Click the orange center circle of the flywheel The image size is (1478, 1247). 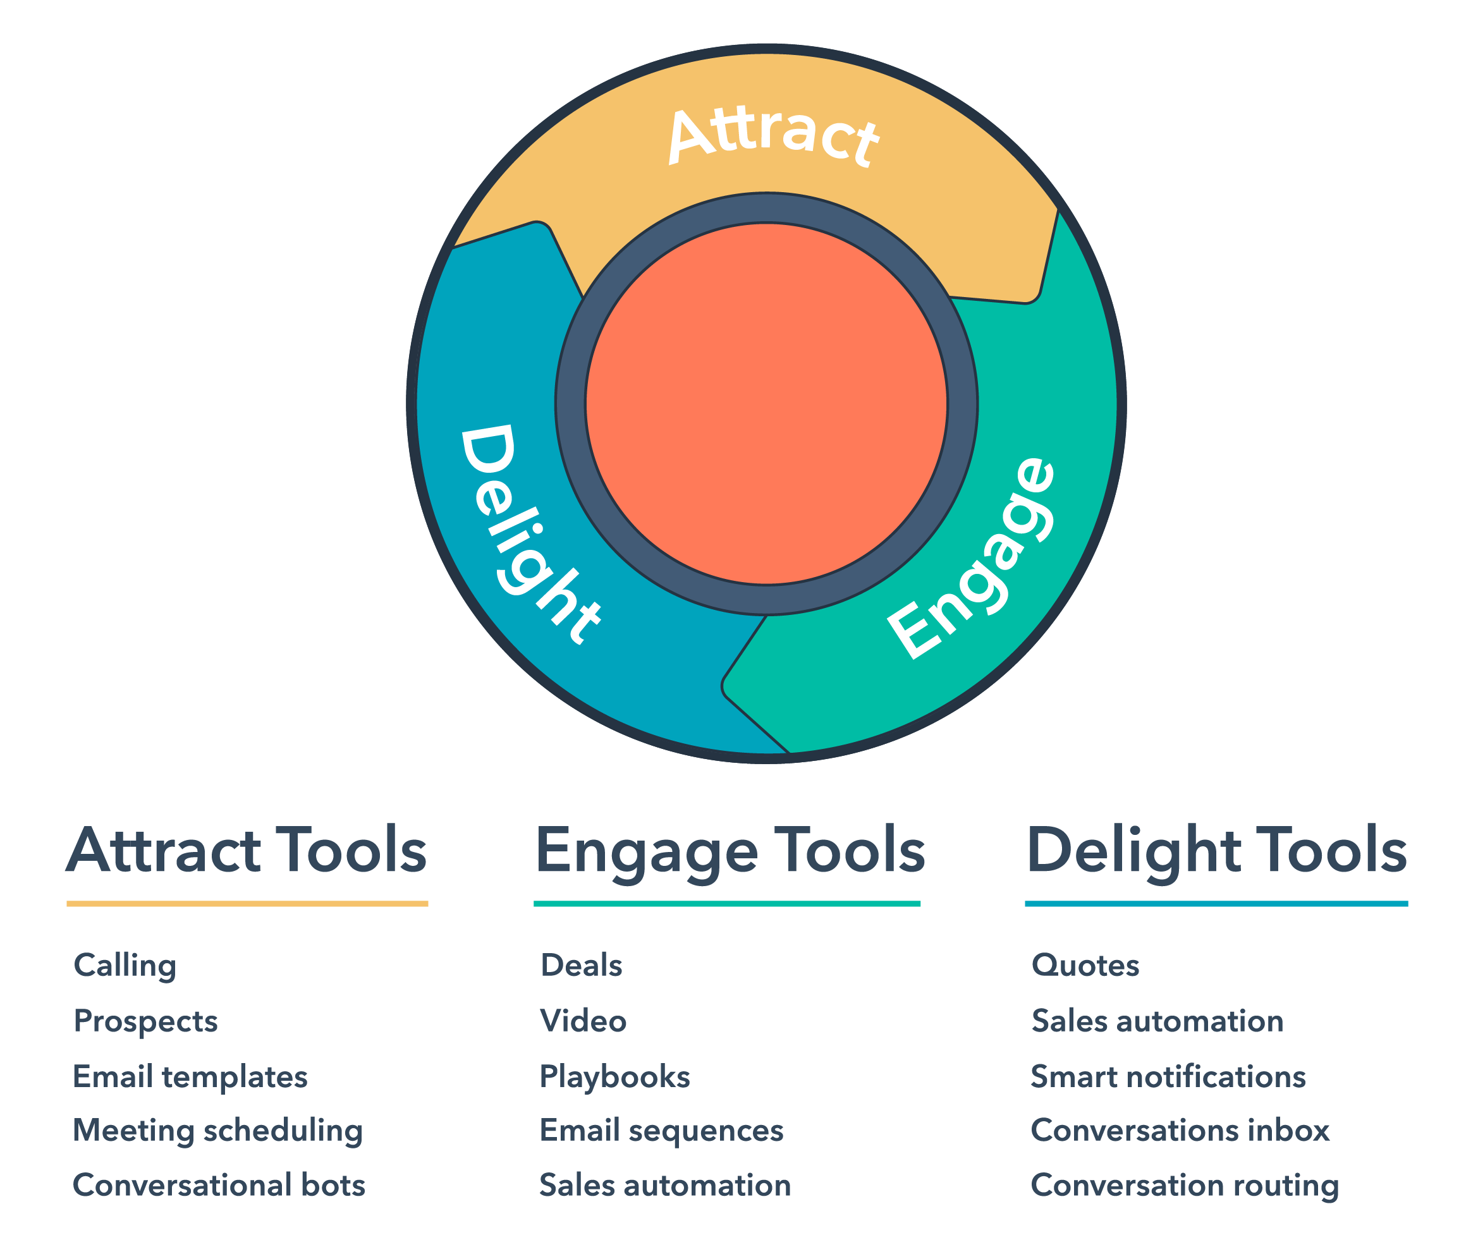pyautogui.click(x=767, y=404)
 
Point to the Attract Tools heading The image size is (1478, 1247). pyautogui.click(x=247, y=851)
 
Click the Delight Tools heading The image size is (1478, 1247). pyautogui.click(x=1216, y=851)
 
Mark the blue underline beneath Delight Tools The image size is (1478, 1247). pyautogui.click(x=1216, y=903)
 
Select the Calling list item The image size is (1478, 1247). pyautogui.click(x=125, y=966)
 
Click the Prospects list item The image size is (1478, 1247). pyautogui.click(x=145, y=1021)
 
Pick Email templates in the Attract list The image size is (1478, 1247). pyautogui.click(x=190, y=1076)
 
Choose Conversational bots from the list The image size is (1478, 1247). pyautogui.click(x=219, y=1186)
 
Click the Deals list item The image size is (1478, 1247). pyautogui.click(x=582, y=966)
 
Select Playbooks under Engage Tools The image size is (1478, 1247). pyautogui.click(x=614, y=1076)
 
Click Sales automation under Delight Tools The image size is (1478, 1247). pyautogui.click(x=1157, y=1021)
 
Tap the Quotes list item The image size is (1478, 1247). pyautogui.click(x=1085, y=966)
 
